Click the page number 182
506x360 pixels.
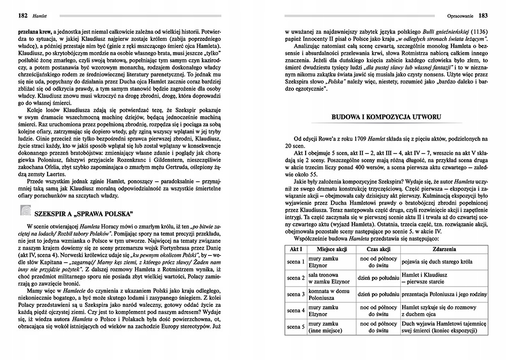[11, 15]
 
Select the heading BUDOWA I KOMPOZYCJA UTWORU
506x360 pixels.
[386, 117]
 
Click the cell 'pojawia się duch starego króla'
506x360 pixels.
[436, 262]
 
